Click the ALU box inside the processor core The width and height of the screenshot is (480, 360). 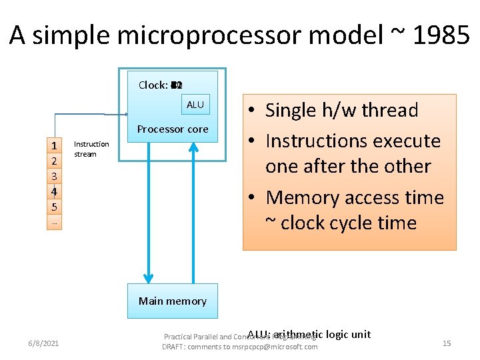195,105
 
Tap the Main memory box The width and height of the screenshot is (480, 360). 173,301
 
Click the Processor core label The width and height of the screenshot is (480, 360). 173,129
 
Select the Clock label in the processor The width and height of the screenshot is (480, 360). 153,85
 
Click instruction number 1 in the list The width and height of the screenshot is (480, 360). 53,145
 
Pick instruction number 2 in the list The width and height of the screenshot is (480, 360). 53,161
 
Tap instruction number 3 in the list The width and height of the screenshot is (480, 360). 53,176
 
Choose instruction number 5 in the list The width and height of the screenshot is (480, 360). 53,207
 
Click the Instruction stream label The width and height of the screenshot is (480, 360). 91,149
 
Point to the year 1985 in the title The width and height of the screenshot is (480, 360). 441,36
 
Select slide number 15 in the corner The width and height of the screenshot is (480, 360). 447,343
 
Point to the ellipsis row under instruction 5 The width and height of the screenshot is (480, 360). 53,223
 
